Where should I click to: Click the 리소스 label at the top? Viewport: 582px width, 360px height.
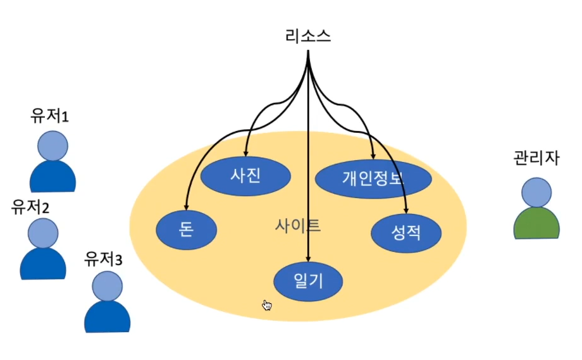click(x=307, y=37)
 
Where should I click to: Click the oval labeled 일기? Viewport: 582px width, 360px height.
click(x=308, y=280)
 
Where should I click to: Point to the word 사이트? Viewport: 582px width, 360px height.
click(x=297, y=225)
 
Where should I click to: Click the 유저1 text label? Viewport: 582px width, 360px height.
click(x=49, y=116)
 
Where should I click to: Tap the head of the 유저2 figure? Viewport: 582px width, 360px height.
click(x=42, y=233)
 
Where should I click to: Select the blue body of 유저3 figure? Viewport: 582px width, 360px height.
click(x=108, y=318)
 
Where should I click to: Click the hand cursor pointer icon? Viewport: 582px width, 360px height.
click(x=267, y=306)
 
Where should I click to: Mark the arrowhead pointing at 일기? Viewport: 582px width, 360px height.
click(x=308, y=258)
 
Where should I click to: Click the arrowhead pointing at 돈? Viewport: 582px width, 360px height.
click(x=186, y=207)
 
